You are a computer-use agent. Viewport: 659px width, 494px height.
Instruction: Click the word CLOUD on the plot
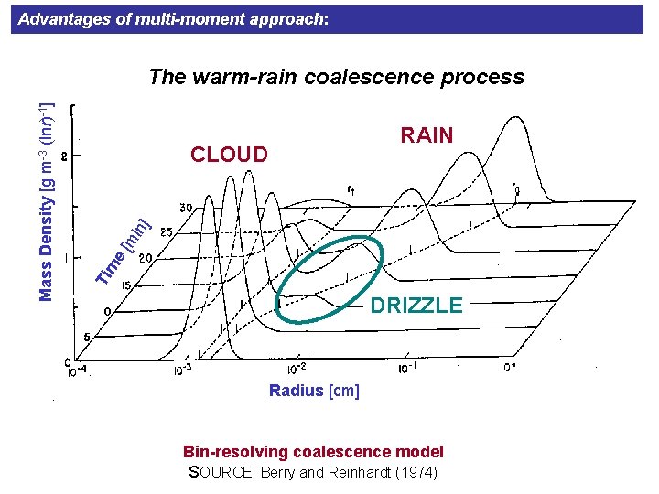(229, 154)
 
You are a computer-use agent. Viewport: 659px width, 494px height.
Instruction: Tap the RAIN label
(427, 135)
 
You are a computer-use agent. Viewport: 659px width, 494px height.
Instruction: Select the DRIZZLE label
(416, 306)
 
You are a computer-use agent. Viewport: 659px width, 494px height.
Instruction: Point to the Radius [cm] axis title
(314, 391)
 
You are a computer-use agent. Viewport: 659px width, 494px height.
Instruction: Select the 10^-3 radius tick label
(183, 370)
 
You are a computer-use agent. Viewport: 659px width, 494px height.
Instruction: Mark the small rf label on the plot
(351, 190)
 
